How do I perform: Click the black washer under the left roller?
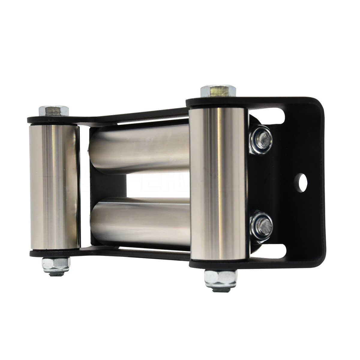54,253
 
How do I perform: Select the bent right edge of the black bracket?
322,180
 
